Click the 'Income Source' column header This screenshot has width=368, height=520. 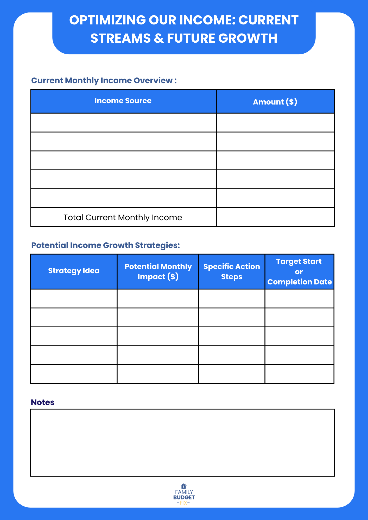pyautogui.click(x=123, y=101)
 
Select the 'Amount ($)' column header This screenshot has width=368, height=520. pyautogui.click(x=275, y=102)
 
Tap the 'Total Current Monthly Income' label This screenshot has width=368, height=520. pyautogui.click(x=123, y=217)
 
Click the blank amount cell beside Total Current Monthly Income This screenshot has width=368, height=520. pyautogui.click(x=275, y=217)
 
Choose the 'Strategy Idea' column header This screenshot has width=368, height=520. pyautogui.click(x=74, y=271)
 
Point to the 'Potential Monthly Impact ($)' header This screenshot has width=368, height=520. pyautogui.click(x=158, y=271)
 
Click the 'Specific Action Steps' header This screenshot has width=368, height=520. pyautogui.click(x=232, y=271)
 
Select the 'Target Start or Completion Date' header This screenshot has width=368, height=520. pyautogui.click(x=299, y=271)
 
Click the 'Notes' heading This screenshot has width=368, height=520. pyautogui.click(x=43, y=402)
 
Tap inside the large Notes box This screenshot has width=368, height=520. pyautogui.click(x=182, y=443)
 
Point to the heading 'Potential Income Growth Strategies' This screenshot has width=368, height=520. pyautogui.click(x=105, y=245)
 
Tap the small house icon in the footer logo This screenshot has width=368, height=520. pyautogui.click(x=184, y=486)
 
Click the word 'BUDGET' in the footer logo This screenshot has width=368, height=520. pyautogui.click(x=184, y=497)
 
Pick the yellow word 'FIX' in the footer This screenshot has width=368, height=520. pyautogui.click(x=183, y=503)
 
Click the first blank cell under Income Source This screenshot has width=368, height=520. pyautogui.click(x=123, y=122)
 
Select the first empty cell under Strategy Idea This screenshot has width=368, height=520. pyautogui.click(x=74, y=298)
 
